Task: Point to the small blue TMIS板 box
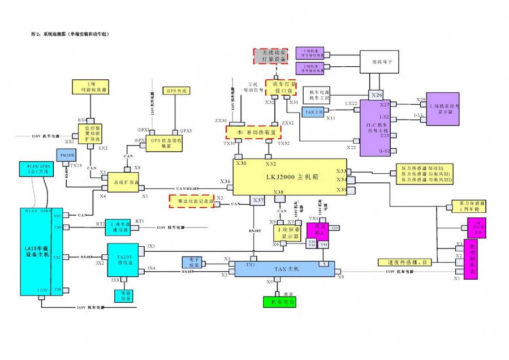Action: point(63,155)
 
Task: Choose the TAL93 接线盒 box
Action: point(123,260)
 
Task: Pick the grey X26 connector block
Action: point(377,94)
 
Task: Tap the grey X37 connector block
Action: point(258,200)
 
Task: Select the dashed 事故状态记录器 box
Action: point(191,200)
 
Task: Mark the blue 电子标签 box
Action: point(192,262)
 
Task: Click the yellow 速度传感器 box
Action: point(404,263)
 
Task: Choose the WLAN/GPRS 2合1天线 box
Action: point(34,169)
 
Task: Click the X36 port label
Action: point(225,182)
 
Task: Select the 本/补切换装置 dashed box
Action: point(253,131)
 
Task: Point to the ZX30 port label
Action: point(220,121)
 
